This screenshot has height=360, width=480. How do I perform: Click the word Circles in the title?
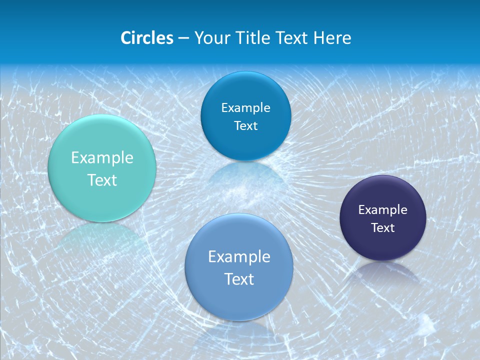point(147,38)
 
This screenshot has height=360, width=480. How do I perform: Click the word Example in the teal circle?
point(102,158)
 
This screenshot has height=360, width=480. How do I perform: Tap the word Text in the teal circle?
point(102,180)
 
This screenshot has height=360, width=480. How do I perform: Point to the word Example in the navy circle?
point(383,209)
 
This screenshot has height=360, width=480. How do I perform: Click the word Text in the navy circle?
point(383,227)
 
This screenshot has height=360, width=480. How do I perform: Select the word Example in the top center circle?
point(245,107)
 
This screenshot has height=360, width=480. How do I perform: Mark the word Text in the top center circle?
point(245,125)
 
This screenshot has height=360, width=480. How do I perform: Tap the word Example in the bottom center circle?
point(239,257)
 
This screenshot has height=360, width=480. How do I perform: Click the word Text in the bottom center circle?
point(239,279)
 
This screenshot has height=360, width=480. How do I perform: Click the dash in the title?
point(183,38)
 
